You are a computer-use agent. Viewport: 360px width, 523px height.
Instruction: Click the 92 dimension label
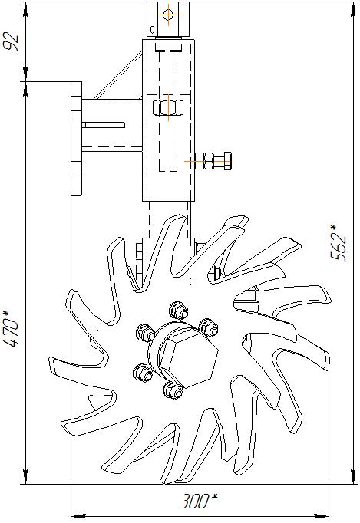click(10, 41)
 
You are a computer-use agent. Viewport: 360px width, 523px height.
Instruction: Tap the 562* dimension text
click(337, 243)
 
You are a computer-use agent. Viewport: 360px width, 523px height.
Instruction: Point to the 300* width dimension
click(198, 501)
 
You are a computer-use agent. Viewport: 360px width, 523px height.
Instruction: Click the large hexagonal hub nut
click(188, 362)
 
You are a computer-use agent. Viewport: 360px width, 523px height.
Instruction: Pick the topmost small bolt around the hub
click(177, 311)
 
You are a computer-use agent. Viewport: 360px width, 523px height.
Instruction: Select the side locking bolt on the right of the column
click(213, 161)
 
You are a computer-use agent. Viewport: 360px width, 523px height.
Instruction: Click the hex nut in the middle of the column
click(168, 107)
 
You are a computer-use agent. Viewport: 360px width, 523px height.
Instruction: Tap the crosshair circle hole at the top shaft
click(168, 15)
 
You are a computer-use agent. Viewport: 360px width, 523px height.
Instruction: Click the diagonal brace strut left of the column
click(118, 75)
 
